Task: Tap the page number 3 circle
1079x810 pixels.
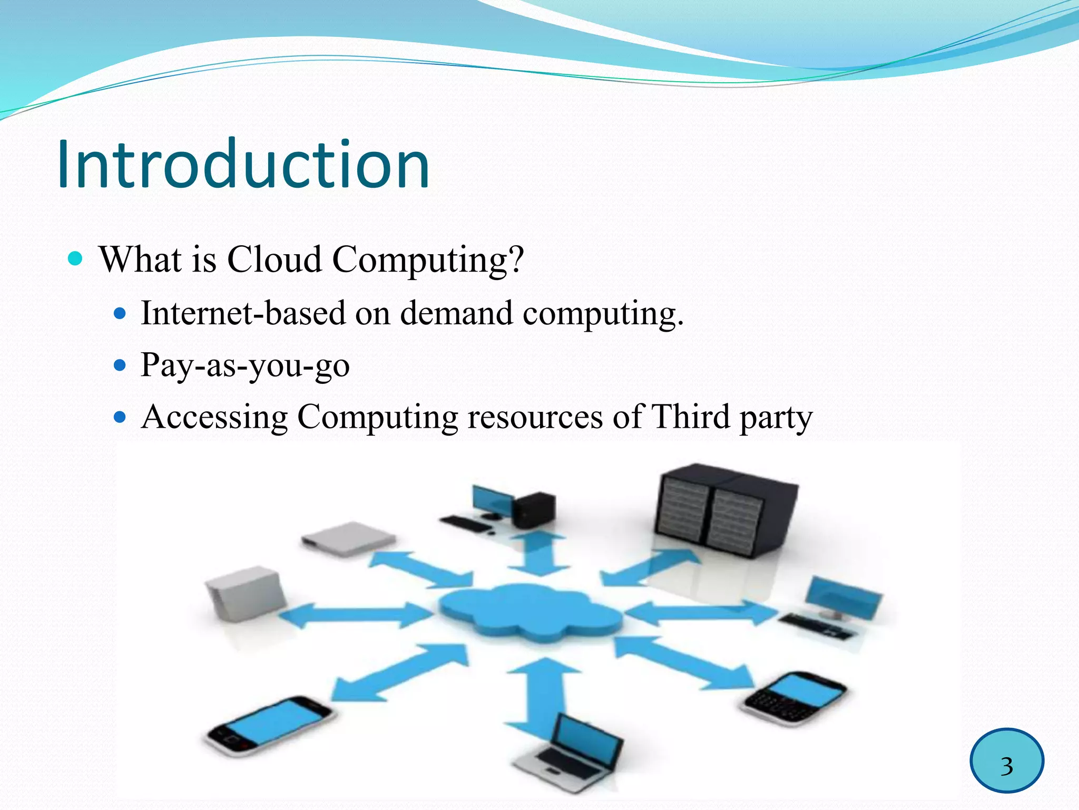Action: click(1006, 760)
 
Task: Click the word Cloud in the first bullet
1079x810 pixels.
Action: click(274, 259)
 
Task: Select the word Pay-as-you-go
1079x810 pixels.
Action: click(245, 365)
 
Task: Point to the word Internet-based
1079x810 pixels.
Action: click(243, 313)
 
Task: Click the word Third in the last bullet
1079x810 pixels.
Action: click(690, 417)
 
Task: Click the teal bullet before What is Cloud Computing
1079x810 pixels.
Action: click(76, 258)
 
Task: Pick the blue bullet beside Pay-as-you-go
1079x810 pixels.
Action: click(121, 365)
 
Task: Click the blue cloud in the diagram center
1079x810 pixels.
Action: click(529, 612)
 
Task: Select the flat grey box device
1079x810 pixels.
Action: click(348, 538)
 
